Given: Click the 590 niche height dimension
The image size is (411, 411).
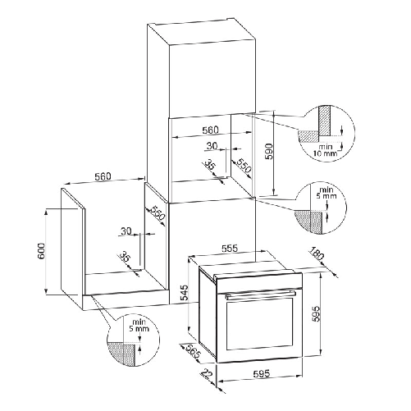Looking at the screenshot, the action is tap(269, 152).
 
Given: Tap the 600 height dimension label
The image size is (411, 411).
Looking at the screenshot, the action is tap(41, 251).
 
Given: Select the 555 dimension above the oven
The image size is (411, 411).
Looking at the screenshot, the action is tap(229, 249).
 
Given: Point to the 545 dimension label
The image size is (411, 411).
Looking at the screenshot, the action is tap(185, 293).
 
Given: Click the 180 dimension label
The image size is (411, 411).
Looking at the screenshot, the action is tap(317, 253).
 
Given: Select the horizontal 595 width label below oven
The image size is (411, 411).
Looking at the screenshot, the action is tap(261, 373).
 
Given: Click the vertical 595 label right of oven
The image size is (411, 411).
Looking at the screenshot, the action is tap(315, 313).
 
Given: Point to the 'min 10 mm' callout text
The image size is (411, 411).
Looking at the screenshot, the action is tap(326, 150).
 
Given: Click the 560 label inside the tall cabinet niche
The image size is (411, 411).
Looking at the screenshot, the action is tap(210, 130).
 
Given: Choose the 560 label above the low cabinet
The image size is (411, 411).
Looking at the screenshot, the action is tap(103, 176).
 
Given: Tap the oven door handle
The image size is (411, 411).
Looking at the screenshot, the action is tap(260, 295).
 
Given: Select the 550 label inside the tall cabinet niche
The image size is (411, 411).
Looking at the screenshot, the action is tap(244, 165).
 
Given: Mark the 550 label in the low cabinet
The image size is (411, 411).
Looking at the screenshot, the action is tap(158, 213).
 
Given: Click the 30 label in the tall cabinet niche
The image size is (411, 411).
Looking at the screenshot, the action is tap(212, 146).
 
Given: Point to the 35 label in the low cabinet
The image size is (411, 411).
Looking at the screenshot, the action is tap(126, 258).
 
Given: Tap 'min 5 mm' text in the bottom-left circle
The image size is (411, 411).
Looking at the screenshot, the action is tap(139, 325).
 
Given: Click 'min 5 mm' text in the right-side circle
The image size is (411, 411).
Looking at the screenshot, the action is tap(327, 193).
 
